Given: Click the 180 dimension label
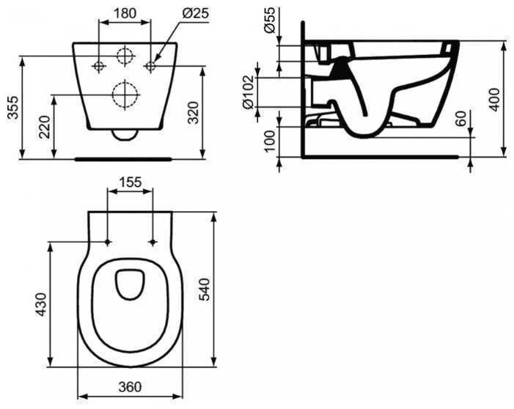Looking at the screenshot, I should (125, 13).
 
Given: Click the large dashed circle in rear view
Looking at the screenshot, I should (125, 93).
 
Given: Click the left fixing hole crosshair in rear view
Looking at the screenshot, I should (99, 67).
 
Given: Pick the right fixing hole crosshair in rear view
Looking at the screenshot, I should (150, 67).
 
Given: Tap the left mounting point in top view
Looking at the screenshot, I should (108, 242).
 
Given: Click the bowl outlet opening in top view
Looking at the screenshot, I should (130, 285).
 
